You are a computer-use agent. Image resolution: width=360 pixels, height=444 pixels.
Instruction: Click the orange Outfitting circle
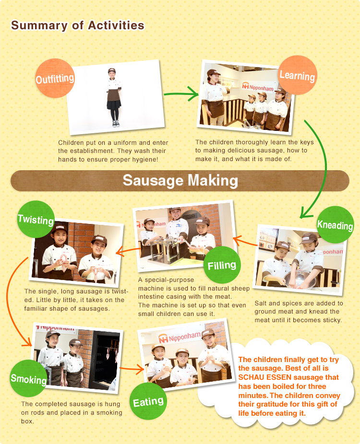click(x=55, y=78)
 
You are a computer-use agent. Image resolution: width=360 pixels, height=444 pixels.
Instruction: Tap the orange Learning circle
click(x=297, y=75)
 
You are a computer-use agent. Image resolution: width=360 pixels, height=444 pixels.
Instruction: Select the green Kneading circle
click(x=335, y=224)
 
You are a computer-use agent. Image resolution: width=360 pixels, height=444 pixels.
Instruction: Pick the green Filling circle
click(x=222, y=265)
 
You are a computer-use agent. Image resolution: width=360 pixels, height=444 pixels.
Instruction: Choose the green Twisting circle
click(x=36, y=220)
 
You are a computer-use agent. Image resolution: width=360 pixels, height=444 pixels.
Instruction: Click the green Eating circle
click(x=148, y=401)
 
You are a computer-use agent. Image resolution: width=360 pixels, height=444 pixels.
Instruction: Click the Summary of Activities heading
click(x=77, y=25)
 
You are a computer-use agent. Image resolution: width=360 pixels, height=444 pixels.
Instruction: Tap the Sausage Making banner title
click(x=180, y=180)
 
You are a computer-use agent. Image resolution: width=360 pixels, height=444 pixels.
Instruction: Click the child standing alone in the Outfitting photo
click(x=113, y=96)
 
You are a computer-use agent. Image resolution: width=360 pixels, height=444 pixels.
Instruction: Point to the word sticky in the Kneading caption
click(x=330, y=320)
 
